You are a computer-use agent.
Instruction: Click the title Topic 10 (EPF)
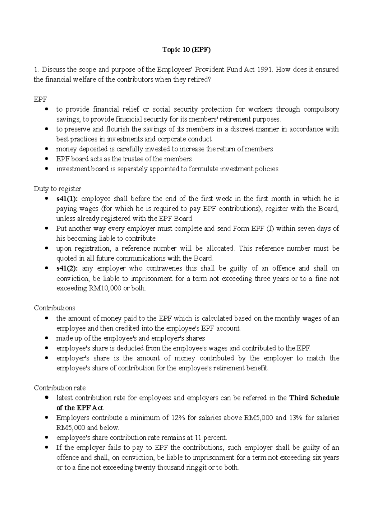[x=186, y=50]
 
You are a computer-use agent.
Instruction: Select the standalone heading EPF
[x=40, y=100]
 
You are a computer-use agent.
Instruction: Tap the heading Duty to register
[x=57, y=189]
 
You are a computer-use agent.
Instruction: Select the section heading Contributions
[x=54, y=308]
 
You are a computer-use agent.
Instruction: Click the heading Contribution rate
[x=59, y=388]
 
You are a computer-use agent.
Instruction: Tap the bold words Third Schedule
[x=314, y=398]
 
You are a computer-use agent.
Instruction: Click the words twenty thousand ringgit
[x=166, y=468]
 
